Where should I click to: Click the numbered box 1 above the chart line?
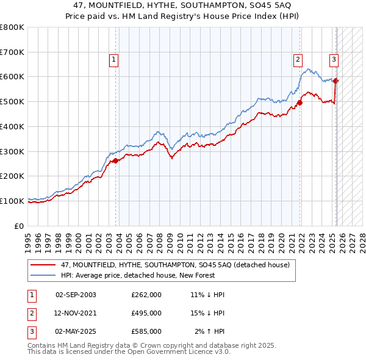115,60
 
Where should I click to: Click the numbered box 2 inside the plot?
297,60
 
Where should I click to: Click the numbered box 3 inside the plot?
334,60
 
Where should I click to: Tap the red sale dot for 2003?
115,160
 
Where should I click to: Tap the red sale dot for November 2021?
300,103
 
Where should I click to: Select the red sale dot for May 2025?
336,80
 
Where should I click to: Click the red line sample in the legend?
43,265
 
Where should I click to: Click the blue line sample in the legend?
43,275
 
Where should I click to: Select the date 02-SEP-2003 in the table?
76,295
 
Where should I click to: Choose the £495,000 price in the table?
146,313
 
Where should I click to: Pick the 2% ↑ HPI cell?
209,331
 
